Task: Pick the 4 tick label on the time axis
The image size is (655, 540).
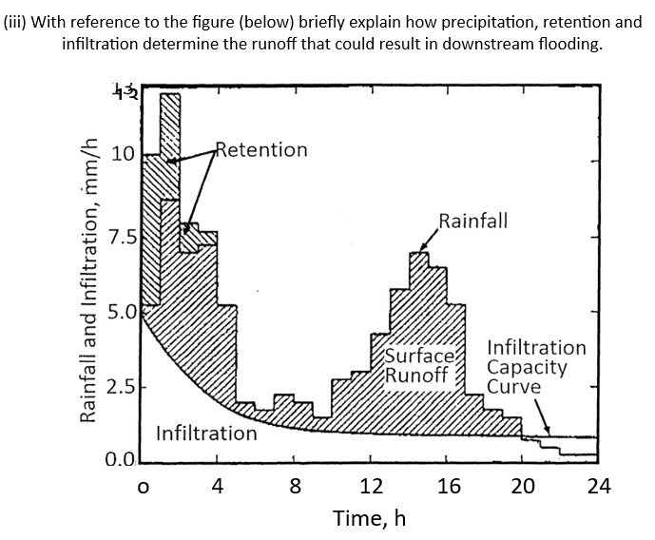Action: (x=218, y=488)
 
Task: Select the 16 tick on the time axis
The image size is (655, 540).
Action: (x=449, y=488)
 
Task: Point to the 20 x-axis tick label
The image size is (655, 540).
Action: (x=523, y=488)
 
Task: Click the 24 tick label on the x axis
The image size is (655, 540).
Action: (x=598, y=488)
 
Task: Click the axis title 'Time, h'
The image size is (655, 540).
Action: (x=369, y=519)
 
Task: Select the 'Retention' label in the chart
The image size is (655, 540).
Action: (x=262, y=150)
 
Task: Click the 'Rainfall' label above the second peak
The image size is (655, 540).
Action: (x=472, y=222)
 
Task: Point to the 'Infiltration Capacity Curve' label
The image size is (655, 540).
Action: (x=536, y=367)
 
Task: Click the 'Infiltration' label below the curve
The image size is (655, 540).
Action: (x=206, y=434)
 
